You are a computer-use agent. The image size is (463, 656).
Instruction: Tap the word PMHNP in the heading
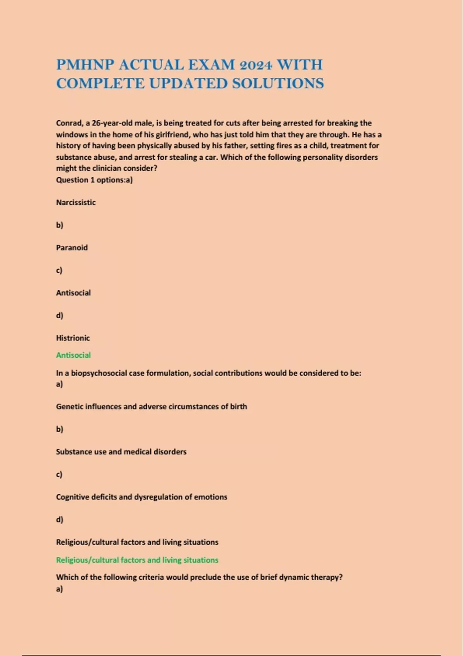tap(85, 65)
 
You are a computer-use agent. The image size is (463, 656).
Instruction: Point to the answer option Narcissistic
tap(76, 203)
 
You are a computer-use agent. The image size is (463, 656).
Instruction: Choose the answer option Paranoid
tap(72, 248)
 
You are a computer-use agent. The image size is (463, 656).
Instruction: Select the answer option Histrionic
tap(73, 338)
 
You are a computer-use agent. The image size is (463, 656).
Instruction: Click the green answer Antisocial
tap(73, 355)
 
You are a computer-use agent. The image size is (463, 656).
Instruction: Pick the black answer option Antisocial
tap(73, 293)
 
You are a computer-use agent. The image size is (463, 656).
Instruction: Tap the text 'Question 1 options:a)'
tap(94, 180)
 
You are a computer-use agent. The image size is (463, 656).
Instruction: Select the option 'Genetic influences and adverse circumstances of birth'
tap(151, 407)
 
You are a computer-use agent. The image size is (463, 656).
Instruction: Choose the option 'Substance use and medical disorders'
tap(121, 452)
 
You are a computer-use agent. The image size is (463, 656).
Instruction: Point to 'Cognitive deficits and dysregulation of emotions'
tap(142, 497)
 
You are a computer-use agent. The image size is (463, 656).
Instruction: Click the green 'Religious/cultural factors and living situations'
tap(137, 560)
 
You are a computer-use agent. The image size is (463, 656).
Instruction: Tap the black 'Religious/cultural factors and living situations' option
tap(137, 542)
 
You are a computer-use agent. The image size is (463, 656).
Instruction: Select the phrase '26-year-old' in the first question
tap(112, 123)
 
